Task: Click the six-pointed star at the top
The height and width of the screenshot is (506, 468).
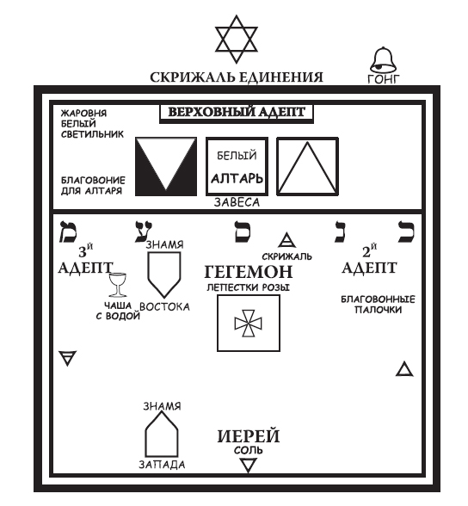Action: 236,37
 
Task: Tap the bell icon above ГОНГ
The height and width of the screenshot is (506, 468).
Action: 383,61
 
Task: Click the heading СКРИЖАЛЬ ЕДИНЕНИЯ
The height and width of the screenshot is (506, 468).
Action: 236,78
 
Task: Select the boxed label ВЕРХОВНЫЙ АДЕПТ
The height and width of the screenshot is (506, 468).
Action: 236,112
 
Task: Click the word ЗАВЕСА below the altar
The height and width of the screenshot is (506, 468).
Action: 236,203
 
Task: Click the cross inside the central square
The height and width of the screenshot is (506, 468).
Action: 247,323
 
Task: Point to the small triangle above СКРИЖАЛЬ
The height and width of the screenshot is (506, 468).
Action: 289,242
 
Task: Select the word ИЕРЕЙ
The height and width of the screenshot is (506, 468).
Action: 248,435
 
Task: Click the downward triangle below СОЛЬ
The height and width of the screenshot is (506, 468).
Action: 248,466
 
